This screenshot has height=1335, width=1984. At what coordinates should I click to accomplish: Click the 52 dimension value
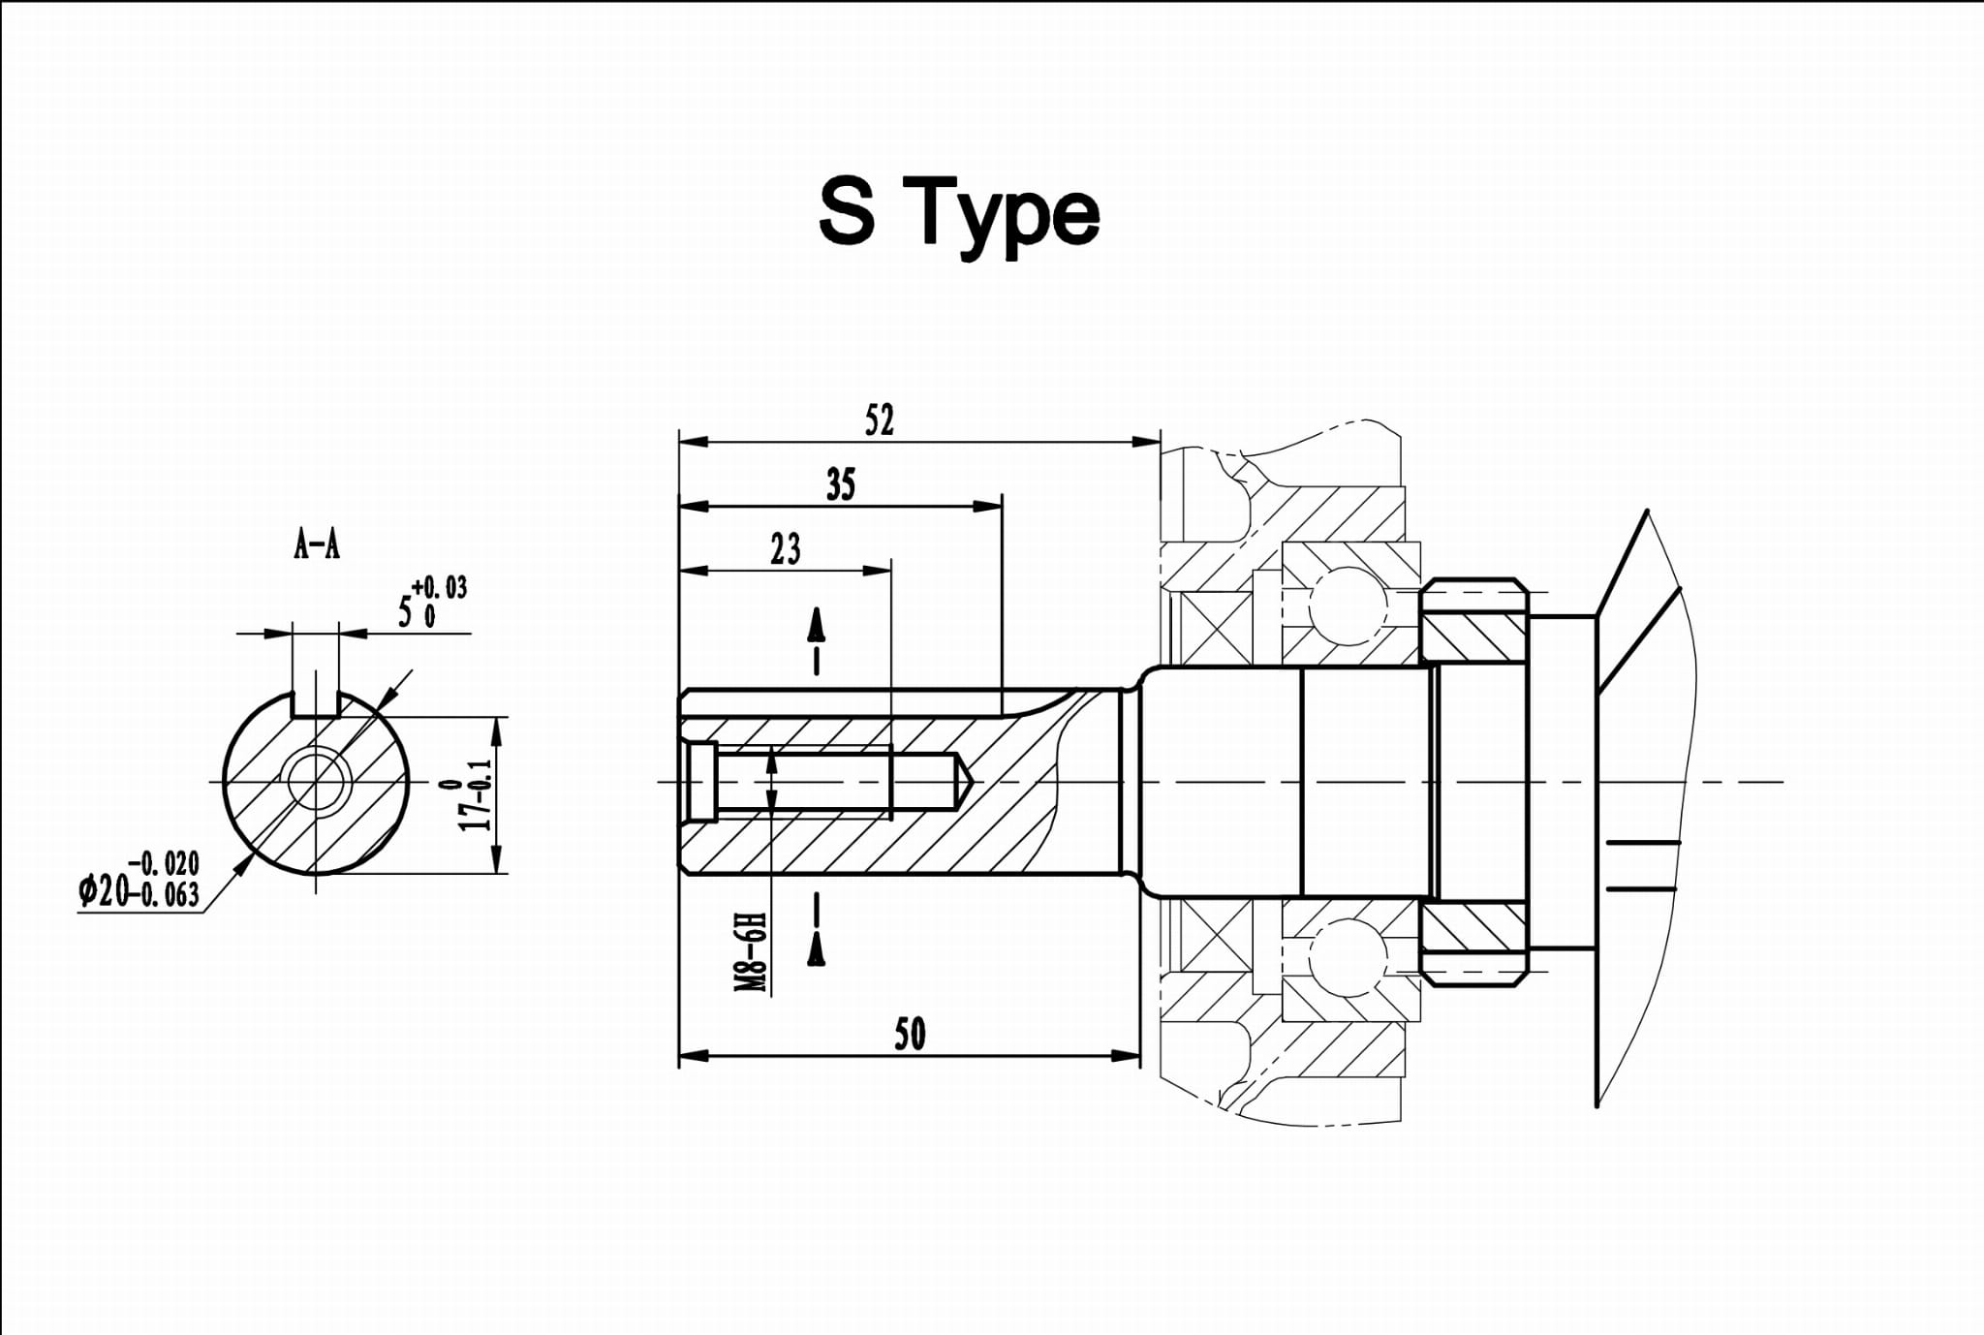pyautogui.click(x=879, y=420)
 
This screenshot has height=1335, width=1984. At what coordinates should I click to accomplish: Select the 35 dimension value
pyautogui.click(x=840, y=484)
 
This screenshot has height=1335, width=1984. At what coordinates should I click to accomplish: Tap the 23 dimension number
pyautogui.click(x=785, y=549)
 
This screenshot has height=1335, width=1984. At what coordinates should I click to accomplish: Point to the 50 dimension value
pyautogui.click(x=909, y=1034)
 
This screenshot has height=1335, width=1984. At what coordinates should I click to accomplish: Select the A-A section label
pyautogui.click(x=317, y=545)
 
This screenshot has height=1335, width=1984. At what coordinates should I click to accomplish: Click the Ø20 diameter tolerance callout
pyautogui.click(x=139, y=880)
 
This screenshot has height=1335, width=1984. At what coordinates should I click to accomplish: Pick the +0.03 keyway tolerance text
pyautogui.click(x=439, y=587)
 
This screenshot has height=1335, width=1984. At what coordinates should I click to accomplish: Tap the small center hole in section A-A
pyautogui.click(x=316, y=780)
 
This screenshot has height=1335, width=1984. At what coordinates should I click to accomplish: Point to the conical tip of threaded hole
pyautogui.click(x=963, y=781)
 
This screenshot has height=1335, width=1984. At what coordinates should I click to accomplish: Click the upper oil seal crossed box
pyautogui.click(x=1216, y=627)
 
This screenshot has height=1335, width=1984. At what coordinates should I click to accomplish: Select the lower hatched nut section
pyautogui.click(x=1473, y=927)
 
